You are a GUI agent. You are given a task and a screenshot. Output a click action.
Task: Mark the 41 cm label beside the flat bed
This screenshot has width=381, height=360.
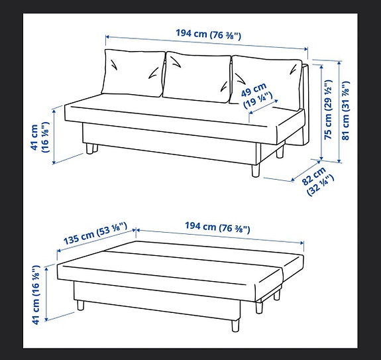coord(39,292)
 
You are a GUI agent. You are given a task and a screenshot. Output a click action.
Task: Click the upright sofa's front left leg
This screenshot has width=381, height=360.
coord(89,150)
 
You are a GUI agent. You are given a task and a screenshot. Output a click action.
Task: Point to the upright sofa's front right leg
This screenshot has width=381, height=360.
coord(254,170)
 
